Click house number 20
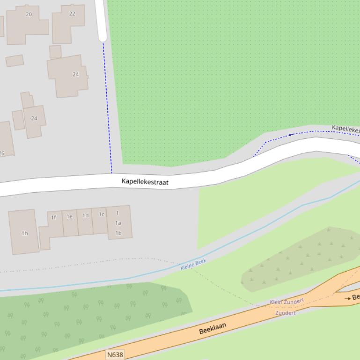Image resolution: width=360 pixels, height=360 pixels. pyautogui.click(x=29, y=14)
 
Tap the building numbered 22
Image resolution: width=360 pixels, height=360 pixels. pyautogui.click(x=72, y=14)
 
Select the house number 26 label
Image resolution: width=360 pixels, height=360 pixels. pyautogui.click(x=1, y=153)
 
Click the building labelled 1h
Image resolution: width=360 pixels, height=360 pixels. pyautogui.click(x=24, y=233)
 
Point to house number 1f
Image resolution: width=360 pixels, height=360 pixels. pyautogui.click(x=53, y=217)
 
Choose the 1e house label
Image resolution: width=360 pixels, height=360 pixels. pyautogui.click(x=69, y=216)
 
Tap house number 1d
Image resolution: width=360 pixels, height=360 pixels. pyautogui.click(x=85, y=216)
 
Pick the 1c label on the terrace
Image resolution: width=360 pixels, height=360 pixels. pyautogui.click(x=101, y=215)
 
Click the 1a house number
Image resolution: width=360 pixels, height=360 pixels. pyautogui.click(x=118, y=223)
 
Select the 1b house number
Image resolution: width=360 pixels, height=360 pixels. pyautogui.click(x=118, y=233)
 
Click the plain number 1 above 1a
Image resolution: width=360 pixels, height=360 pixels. pyautogui.click(x=118, y=213)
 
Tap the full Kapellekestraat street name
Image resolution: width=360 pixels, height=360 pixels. pyautogui.click(x=145, y=182)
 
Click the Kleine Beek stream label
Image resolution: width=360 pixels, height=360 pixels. pyautogui.click(x=193, y=265)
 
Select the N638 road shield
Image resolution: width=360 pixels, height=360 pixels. pyautogui.click(x=115, y=354)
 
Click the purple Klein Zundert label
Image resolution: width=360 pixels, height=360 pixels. pyautogui.click(x=287, y=302)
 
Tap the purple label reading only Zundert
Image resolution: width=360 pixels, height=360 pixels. pyautogui.click(x=285, y=313)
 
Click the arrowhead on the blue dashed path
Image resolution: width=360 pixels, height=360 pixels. pyautogui.click(x=291, y=135)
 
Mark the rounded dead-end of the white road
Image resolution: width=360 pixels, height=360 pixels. pyautogui.click(x=103, y=37)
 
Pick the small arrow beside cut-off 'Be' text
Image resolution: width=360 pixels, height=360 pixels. pyautogui.click(x=347, y=298)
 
